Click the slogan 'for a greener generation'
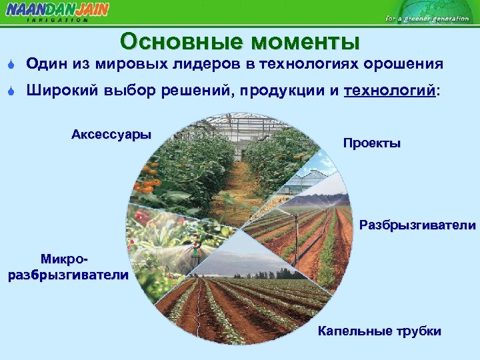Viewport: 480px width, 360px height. point(427,18)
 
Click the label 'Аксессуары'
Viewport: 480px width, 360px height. point(111,134)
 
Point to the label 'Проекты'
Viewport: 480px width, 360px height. point(371,143)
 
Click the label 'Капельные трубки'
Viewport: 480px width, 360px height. point(379,331)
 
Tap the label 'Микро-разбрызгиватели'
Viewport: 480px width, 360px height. point(68,267)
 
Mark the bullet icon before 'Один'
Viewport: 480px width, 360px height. point(11,65)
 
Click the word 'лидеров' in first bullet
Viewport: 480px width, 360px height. point(214,64)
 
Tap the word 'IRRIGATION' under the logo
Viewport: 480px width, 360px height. point(57,20)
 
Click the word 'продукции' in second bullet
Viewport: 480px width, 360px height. point(293,91)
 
